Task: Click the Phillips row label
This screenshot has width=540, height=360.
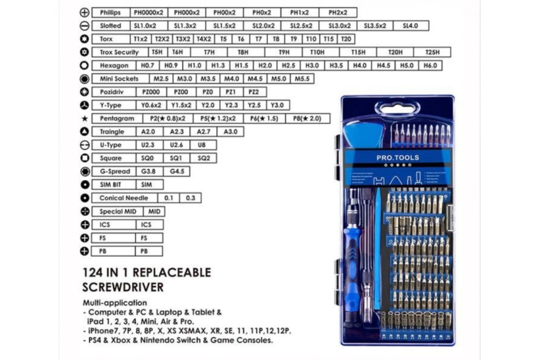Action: (110, 12)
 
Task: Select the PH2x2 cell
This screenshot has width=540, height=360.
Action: (338, 12)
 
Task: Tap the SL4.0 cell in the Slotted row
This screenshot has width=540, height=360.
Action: (411, 26)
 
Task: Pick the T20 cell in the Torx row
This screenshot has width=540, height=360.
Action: (346, 39)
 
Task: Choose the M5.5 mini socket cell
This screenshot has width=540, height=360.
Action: (302, 79)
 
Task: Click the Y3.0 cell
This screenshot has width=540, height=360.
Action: (277, 105)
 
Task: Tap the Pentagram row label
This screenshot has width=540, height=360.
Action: (116, 118)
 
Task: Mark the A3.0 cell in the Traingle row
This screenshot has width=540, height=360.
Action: (230, 131)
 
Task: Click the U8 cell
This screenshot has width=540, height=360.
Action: (202, 145)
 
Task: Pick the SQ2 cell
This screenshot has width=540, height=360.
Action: (204, 158)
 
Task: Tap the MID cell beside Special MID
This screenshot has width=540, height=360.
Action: (154, 212)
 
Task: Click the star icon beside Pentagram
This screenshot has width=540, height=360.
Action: (84, 119)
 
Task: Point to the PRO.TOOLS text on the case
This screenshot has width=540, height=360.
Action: (393, 158)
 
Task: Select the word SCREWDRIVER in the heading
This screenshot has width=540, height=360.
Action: (123, 287)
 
